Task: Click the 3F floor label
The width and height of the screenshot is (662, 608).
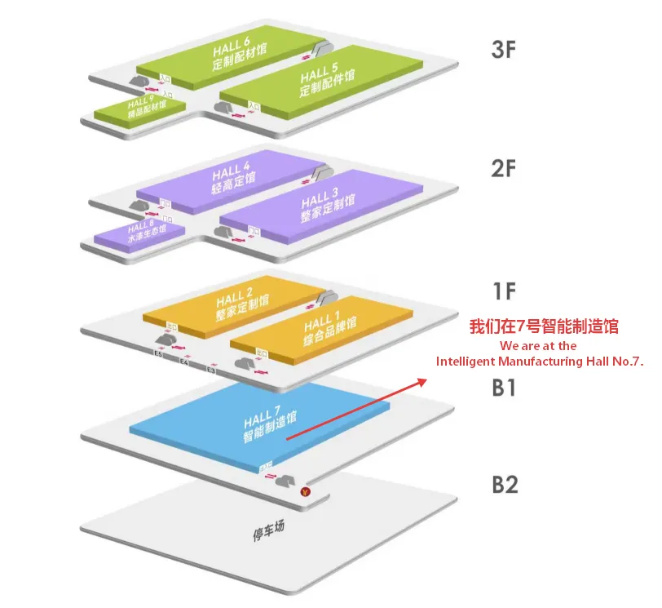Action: [x=504, y=51]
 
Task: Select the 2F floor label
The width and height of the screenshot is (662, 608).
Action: [x=504, y=170]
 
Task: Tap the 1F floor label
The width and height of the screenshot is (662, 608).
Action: [x=504, y=290]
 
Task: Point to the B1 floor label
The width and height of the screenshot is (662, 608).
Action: [x=504, y=388]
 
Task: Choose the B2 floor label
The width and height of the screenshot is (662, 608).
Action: [x=505, y=485]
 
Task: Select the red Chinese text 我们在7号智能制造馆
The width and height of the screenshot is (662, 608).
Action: [x=544, y=327]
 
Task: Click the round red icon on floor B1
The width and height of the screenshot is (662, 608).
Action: [x=305, y=491]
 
